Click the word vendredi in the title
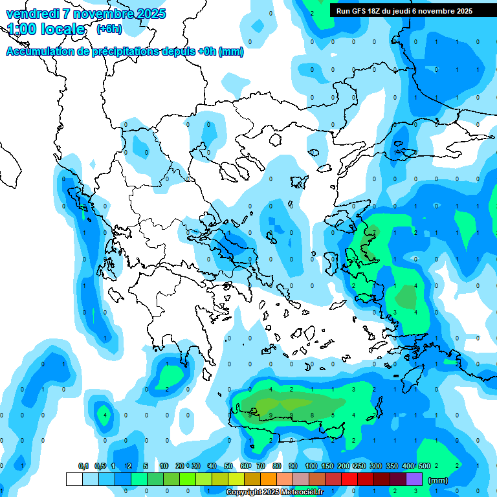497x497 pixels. [x=33, y=14]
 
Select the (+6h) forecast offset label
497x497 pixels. [x=109, y=29]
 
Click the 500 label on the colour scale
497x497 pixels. [x=424, y=466]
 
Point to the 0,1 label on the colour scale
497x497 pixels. [x=83, y=466]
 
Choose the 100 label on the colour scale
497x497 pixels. [x=311, y=466]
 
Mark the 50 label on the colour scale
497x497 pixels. [x=228, y=466]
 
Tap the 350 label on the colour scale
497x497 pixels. [x=392, y=466]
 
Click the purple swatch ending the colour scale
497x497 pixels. [x=414, y=479]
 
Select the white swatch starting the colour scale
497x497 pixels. [x=74, y=479]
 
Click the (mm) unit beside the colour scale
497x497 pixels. [x=438, y=480]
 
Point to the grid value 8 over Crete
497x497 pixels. [x=312, y=415]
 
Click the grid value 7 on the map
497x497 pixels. [x=374, y=232]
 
